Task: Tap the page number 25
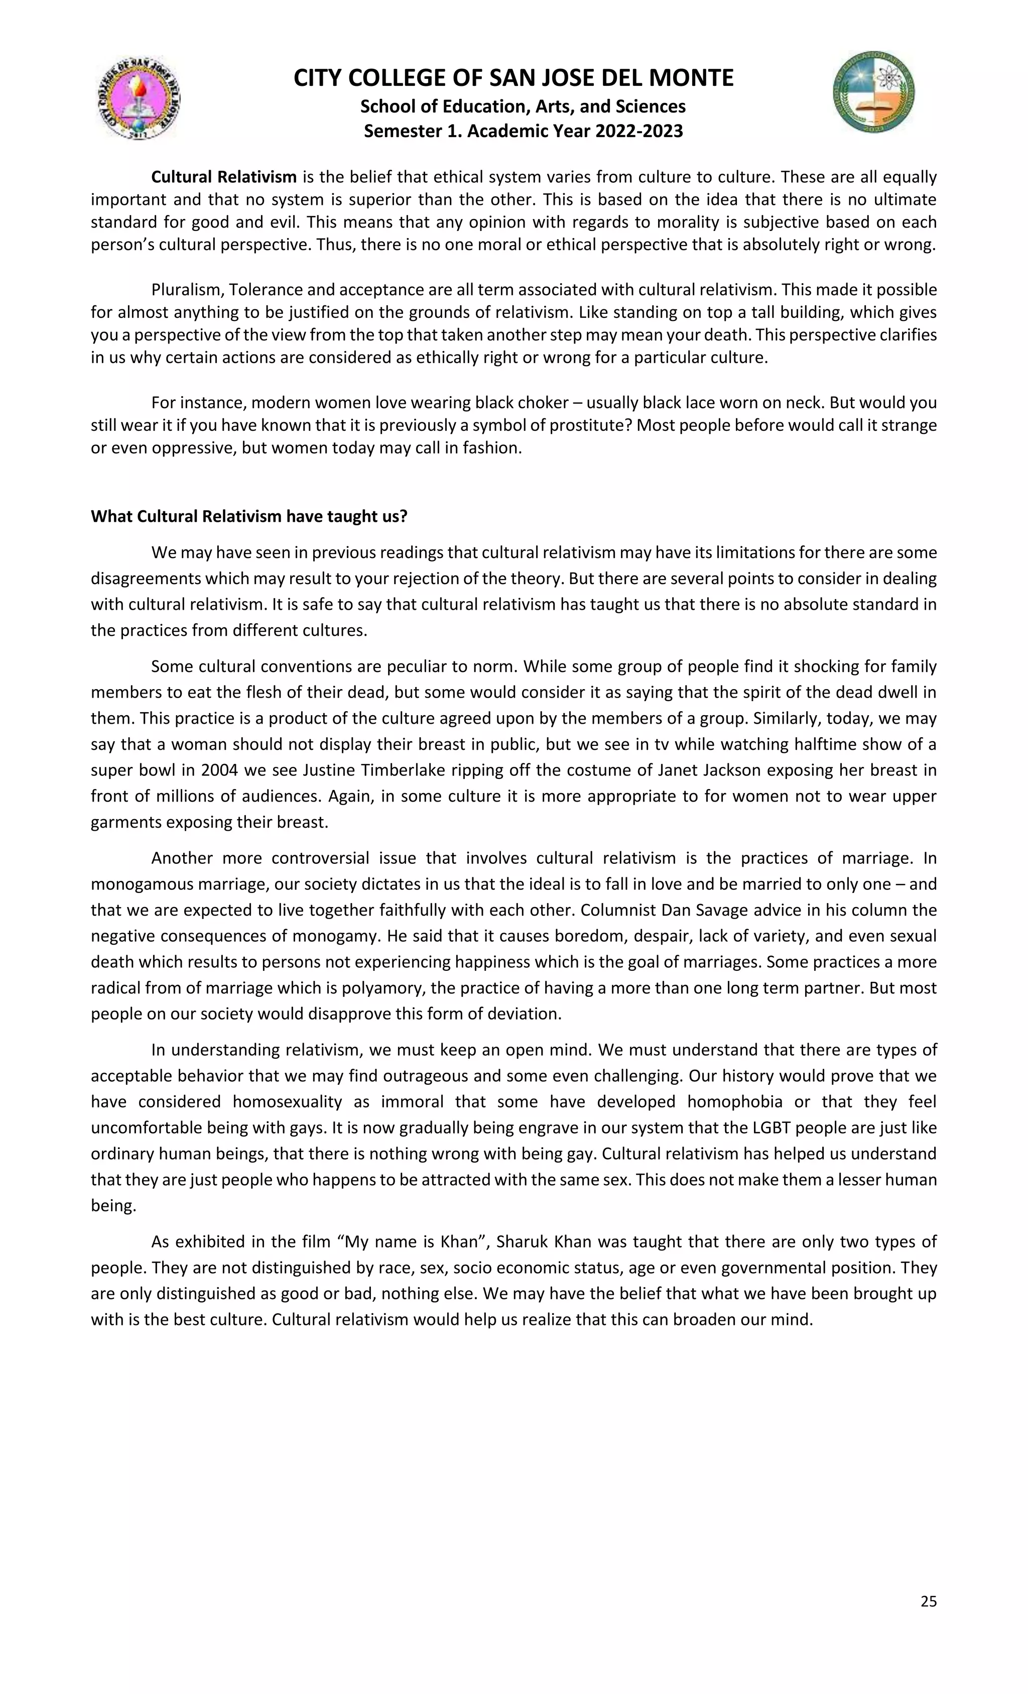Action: click(x=928, y=1601)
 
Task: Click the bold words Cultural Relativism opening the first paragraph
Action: click(x=223, y=177)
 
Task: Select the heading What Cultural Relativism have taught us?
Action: click(x=249, y=516)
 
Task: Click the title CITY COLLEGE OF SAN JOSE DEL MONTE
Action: click(x=513, y=78)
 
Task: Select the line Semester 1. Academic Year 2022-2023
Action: click(x=523, y=131)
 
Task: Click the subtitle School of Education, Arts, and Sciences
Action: click(x=523, y=106)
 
